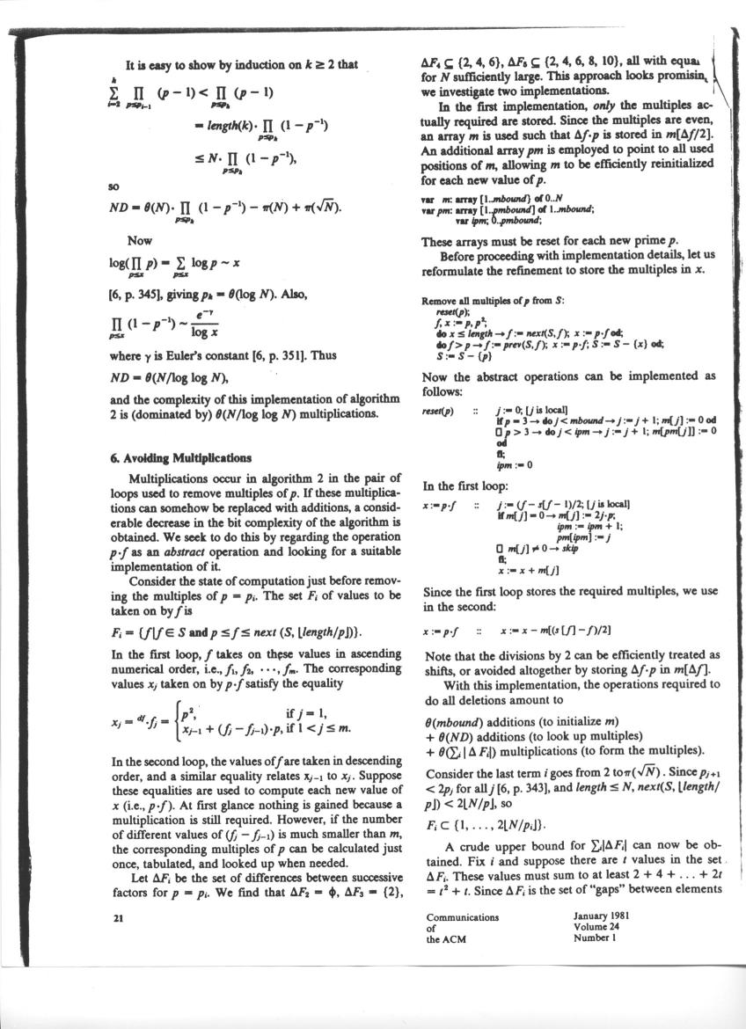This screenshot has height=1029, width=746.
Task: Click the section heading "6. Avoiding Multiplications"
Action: (189, 458)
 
